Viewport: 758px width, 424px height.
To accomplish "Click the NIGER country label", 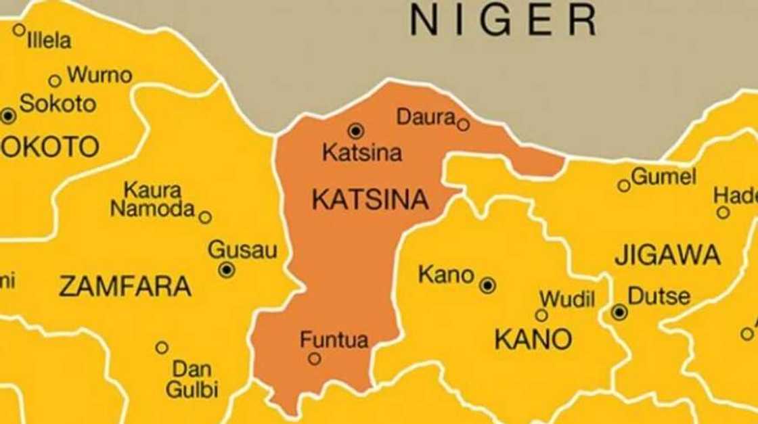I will click(x=504, y=20).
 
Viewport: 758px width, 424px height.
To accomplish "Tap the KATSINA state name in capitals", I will click(x=370, y=199).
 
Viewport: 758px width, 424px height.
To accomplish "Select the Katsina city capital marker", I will click(x=355, y=131).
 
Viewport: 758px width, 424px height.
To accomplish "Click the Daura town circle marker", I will click(x=463, y=124).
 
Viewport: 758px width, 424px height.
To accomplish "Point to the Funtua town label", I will click(x=334, y=339).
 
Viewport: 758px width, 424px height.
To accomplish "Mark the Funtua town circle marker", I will click(x=315, y=359).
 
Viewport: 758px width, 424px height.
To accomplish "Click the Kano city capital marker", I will click(x=487, y=285).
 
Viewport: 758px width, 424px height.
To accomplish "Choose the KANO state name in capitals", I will click(x=533, y=339).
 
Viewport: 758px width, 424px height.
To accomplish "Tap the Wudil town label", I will click(x=566, y=299).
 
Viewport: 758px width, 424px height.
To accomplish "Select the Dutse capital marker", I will click(x=619, y=312).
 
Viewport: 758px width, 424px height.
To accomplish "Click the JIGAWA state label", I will click(x=667, y=256).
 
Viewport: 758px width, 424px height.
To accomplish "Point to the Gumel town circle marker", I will click(x=623, y=185).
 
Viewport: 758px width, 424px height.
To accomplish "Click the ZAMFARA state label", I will click(x=125, y=287).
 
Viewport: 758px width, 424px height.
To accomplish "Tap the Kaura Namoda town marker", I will click(x=205, y=217).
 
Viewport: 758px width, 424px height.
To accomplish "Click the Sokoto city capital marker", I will click(x=8, y=116).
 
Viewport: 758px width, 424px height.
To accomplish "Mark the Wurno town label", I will click(x=99, y=75).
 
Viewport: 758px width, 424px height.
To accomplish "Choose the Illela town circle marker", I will click(x=19, y=30).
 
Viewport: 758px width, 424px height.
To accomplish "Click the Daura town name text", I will click(x=426, y=117).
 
